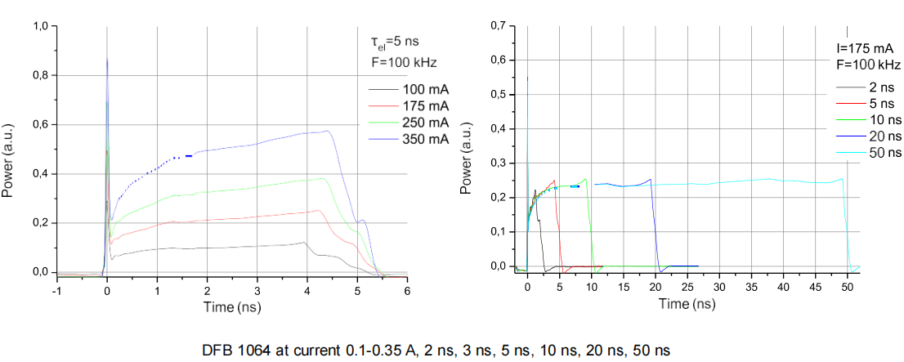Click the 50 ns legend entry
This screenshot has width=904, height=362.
884,153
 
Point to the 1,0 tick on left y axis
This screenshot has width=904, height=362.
39,26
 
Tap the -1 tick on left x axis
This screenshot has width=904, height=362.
56,290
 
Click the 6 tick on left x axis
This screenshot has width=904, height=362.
407,290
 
